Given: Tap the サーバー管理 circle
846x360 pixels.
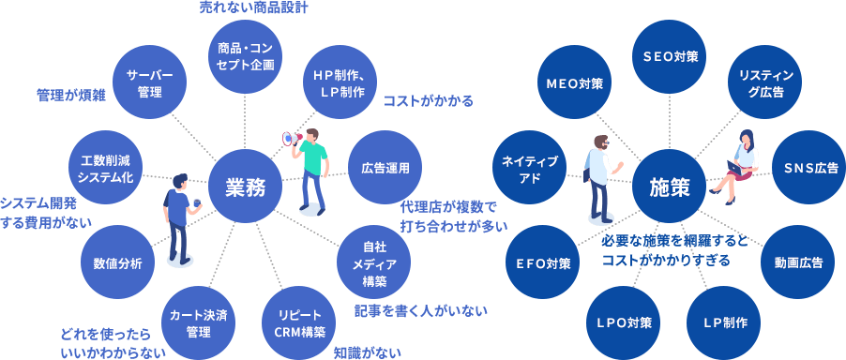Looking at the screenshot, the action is tap(150, 82).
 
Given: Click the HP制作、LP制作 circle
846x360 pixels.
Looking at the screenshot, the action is tap(340, 82).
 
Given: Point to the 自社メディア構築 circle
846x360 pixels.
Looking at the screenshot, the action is tap(374, 263).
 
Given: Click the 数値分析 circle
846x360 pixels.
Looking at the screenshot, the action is tap(118, 263).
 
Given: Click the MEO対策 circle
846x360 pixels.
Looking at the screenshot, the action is tap(574, 82).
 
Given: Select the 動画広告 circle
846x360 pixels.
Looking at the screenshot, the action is tap(797, 262).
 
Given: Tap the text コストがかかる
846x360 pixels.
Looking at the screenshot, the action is tap(428, 100).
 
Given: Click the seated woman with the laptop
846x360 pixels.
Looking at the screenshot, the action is tap(741, 161).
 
